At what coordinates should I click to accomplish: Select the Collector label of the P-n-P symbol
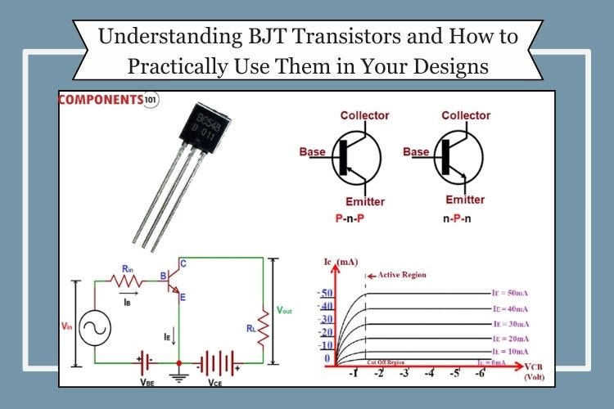click(364, 115)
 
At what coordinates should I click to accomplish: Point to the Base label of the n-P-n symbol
click(417, 152)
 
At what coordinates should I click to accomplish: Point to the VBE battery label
click(147, 381)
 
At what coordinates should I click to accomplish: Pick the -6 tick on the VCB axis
click(480, 375)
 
